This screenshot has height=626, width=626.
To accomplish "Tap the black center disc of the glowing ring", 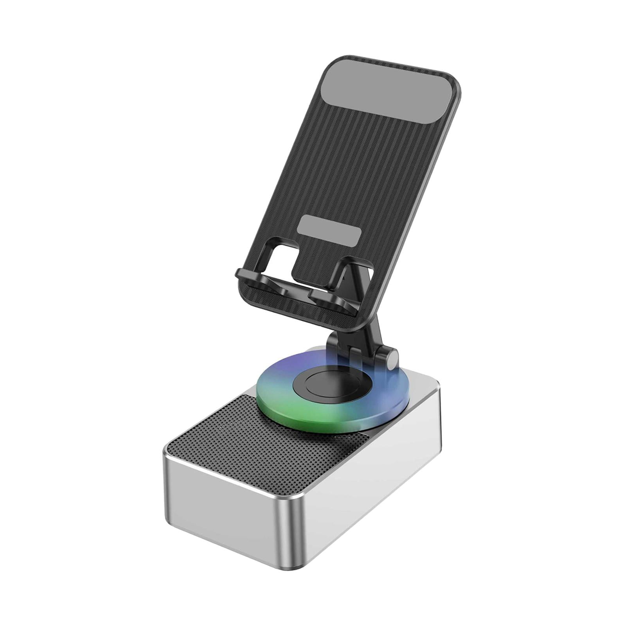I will tap(331, 384).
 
